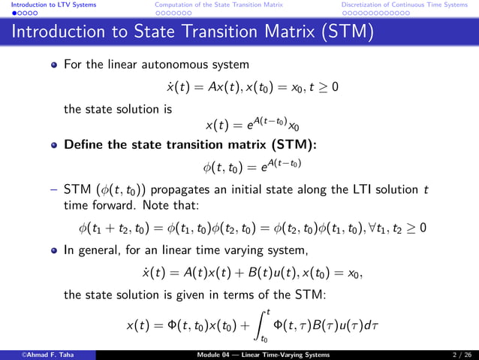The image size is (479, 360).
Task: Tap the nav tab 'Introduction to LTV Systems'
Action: (x=48, y=5)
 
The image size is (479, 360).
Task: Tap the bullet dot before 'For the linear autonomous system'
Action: (x=54, y=66)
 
